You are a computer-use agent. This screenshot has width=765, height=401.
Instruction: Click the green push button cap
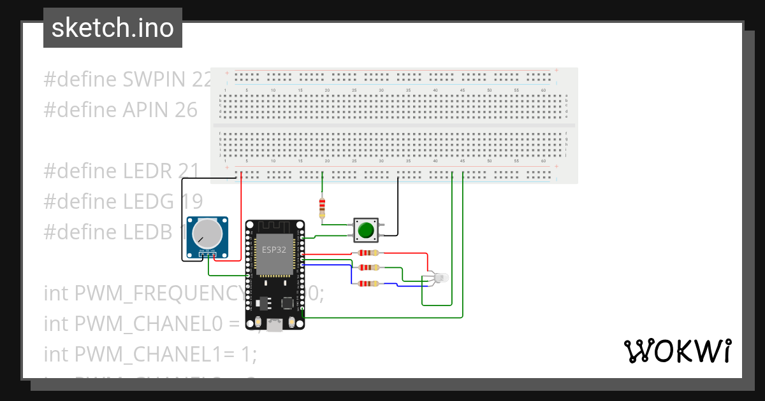[x=365, y=230]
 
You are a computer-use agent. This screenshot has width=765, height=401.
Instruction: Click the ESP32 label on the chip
[x=274, y=249]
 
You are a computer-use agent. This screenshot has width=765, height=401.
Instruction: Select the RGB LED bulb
[x=440, y=278]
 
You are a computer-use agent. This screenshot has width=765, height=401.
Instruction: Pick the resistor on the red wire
[x=368, y=253]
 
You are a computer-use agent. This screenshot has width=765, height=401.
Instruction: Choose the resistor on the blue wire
[x=368, y=284]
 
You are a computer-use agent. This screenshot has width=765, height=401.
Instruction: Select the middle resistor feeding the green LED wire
[x=368, y=268]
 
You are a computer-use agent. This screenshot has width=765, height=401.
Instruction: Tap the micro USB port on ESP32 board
[x=275, y=326]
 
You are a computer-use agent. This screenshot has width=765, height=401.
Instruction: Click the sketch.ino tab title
[x=113, y=28]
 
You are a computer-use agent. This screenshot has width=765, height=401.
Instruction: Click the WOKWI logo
[x=677, y=351]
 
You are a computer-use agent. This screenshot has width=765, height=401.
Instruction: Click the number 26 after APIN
[x=186, y=110]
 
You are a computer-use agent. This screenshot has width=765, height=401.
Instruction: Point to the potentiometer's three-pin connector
[x=207, y=255]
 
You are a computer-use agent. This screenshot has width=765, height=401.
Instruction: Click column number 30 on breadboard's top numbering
[x=381, y=90]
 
